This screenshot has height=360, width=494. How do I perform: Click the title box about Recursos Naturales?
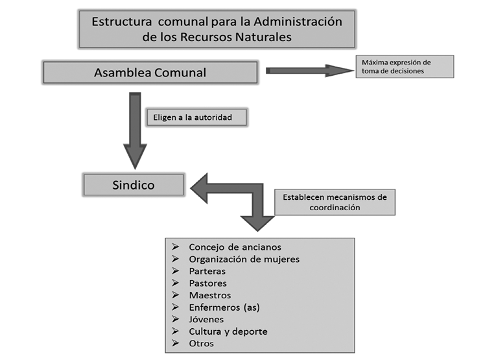click(217, 29)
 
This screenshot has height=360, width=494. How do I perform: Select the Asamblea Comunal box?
click(150, 73)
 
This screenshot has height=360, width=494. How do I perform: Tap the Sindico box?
click(135, 185)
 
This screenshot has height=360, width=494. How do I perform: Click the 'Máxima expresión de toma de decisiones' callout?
click(404, 66)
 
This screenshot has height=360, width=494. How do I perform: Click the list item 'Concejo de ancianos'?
click(235, 247)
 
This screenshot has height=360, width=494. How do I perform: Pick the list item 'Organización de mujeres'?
click(244, 259)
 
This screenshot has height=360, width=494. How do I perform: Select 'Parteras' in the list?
click(207, 271)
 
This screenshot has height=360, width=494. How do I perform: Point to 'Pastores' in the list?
click(207, 283)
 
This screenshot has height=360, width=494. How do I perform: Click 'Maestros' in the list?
click(209, 295)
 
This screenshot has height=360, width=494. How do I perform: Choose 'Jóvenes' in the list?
click(206, 320)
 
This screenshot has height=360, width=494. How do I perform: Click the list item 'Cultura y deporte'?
click(228, 331)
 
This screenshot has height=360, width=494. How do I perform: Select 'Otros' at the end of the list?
click(201, 344)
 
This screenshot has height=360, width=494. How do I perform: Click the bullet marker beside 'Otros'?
click(176, 344)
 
